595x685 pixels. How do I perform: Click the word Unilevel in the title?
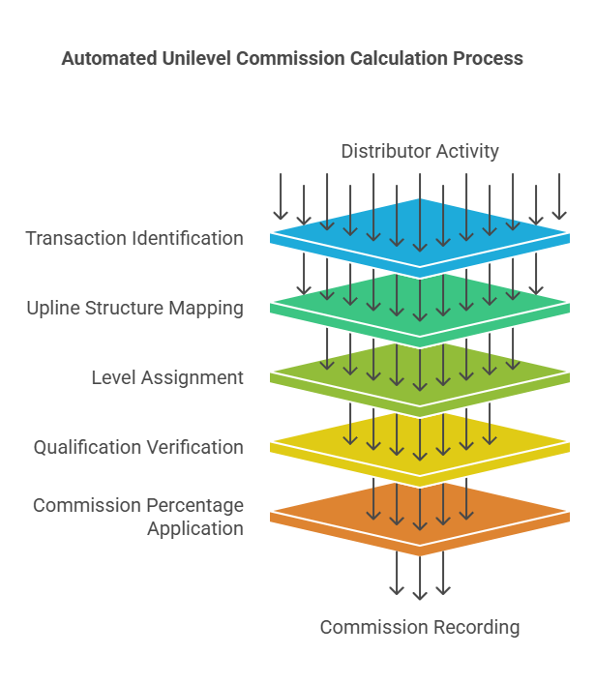(x=193, y=58)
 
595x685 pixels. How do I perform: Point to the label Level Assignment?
(x=167, y=377)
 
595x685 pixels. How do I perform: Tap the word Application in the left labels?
(x=194, y=528)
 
